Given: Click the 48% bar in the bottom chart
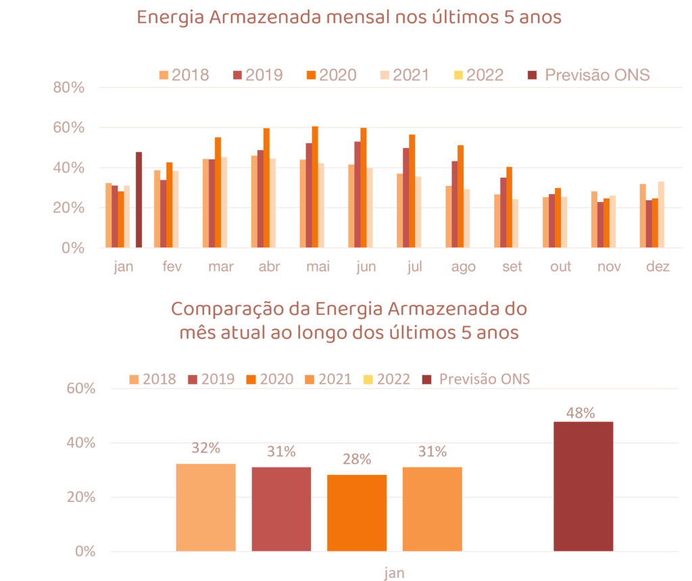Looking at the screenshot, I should (583, 486).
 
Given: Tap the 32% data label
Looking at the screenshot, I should (205, 447).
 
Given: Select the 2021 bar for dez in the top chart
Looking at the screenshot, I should (661, 214).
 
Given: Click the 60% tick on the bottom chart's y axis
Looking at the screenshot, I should (81, 389).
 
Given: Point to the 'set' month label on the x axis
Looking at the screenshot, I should (512, 267).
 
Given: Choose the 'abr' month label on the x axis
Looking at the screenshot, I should (269, 267).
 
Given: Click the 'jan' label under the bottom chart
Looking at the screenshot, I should (395, 573).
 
